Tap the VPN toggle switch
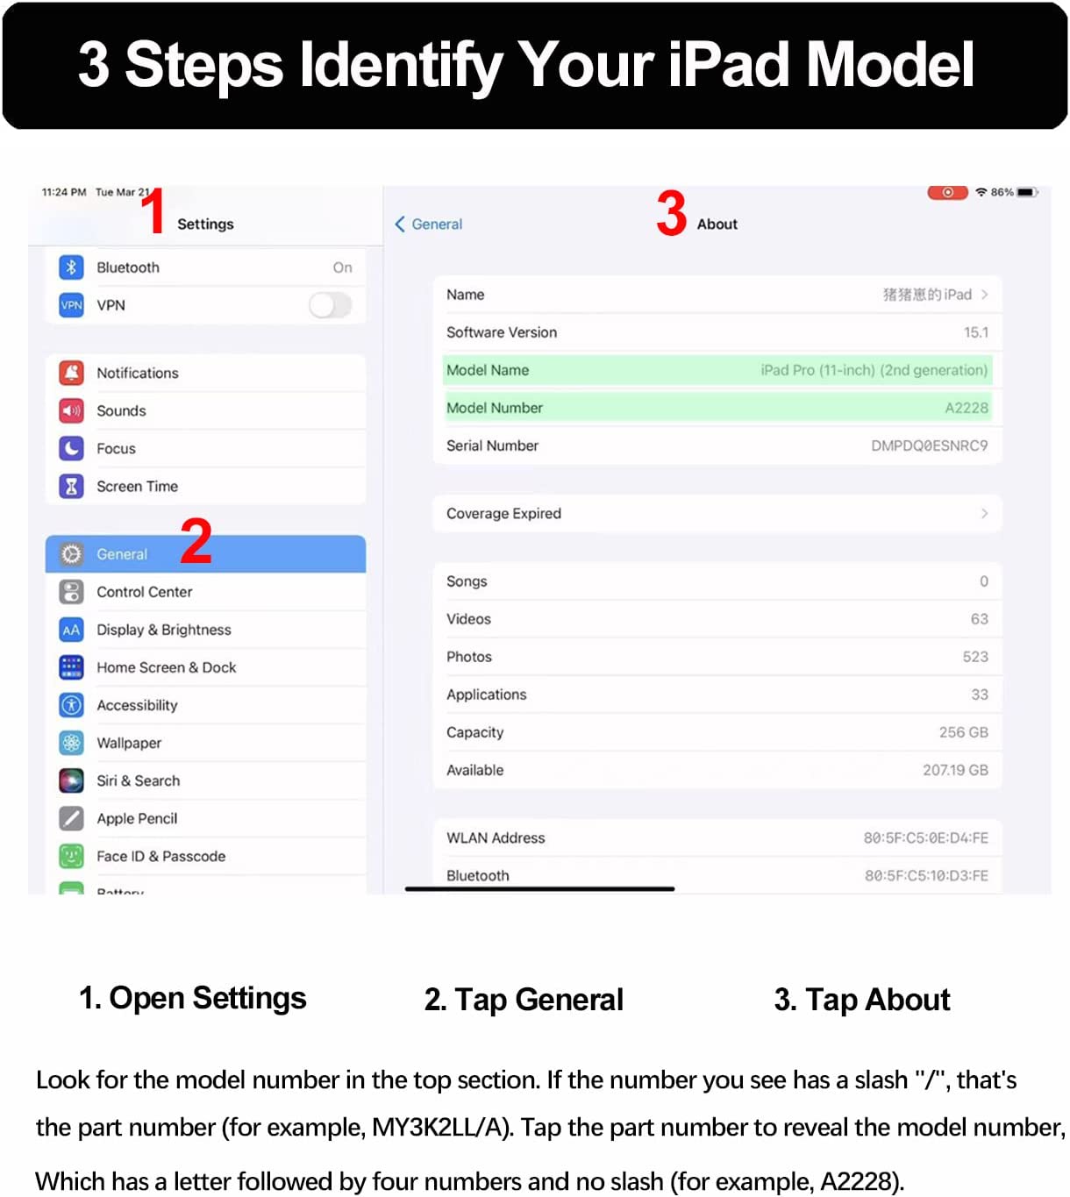click(331, 305)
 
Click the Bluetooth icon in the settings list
click(71, 267)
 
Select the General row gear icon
click(71, 554)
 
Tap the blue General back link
click(429, 224)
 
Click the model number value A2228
click(966, 408)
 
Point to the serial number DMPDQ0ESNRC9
click(929, 445)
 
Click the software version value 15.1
click(975, 332)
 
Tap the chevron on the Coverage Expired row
click(984, 513)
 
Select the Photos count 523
click(975, 657)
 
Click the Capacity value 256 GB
click(963, 732)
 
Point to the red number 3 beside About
click(671, 213)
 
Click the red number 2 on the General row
click(196, 540)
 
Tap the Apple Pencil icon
click(71, 818)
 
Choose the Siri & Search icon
click(71, 780)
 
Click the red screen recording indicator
click(947, 193)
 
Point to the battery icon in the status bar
click(1027, 193)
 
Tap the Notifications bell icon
click(71, 373)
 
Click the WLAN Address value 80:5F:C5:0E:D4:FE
click(925, 837)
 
